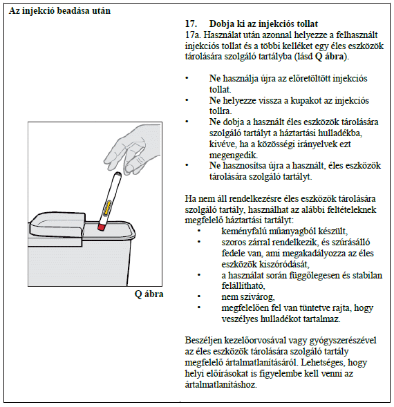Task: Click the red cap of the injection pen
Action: tap(101, 227)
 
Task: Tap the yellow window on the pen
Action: tap(107, 208)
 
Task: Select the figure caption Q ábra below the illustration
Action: tap(149, 294)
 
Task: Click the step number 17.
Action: tap(191, 24)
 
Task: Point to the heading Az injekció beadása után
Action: tap(59, 10)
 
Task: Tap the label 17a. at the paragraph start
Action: tap(193, 35)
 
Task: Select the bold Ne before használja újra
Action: tap(215, 78)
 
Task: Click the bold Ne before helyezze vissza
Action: tap(215, 100)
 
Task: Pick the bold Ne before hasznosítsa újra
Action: tap(215, 165)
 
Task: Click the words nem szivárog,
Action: tap(248, 296)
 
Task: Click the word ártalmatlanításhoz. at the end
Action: tap(221, 384)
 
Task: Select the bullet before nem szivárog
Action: tap(199, 296)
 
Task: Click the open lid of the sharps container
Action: tap(57, 225)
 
